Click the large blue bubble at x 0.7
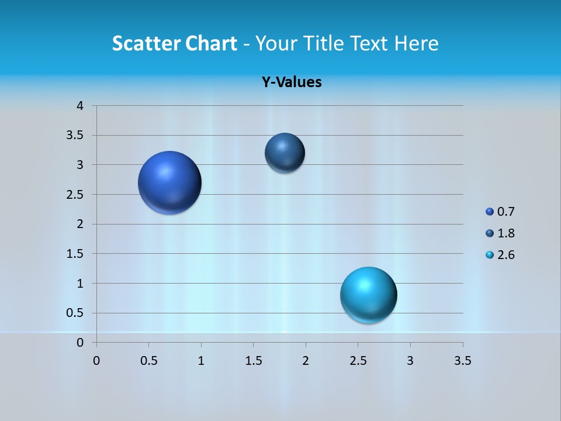pyautogui.click(x=169, y=182)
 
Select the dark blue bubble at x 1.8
pyautogui.click(x=285, y=153)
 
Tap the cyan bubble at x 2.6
pyautogui.click(x=368, y=295)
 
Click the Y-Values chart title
pyautogui.click(x=291, y=82)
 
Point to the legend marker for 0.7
pyautogui.click(x=490, y=212)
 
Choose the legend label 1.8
pyautogui.click(x=506, y=233)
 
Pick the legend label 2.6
pyautogui.click(x=506, y=255)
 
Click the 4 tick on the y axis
pyautogui.click(x=80, y=106)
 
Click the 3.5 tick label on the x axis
pyautogui.click(x=462, y=361)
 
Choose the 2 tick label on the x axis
pyautogui.click(x=305, y=361)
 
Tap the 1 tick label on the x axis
pyautogui.click(x=201, y=361)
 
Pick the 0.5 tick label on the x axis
pyautogui.click(x=148, y=361)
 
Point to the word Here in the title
pyautogui.click(x=416, y=43)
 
